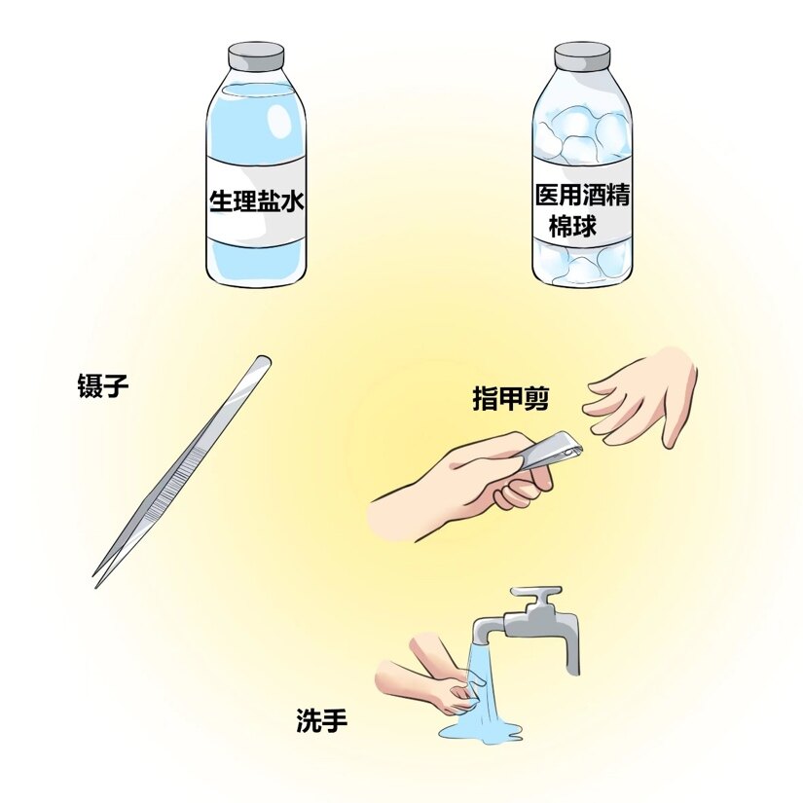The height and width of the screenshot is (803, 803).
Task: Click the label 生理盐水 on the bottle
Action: pos(257,200)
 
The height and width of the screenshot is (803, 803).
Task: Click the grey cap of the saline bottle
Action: pos(257,56)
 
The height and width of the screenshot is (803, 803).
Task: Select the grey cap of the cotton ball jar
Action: pos(583,56)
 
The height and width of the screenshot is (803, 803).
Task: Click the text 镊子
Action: pos(103,386)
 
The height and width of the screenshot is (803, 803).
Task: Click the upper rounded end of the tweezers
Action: pos(261,362)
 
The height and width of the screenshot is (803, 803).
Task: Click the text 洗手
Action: pos(321,721)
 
